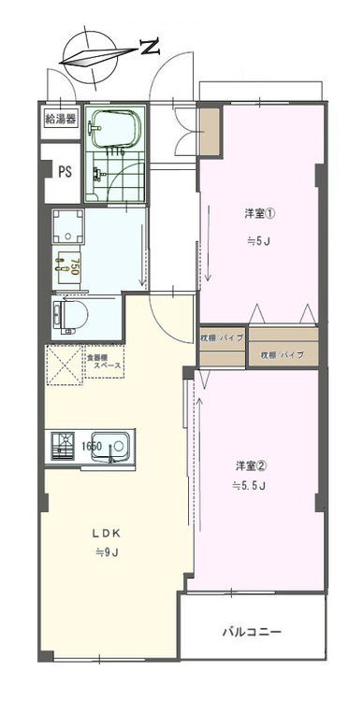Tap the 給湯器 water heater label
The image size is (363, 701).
[x=61, y=120]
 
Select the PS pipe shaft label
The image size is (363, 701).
[x=65, y=171]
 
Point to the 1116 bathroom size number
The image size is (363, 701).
[x=115, y=150]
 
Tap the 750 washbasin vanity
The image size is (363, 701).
[x=67, y=265]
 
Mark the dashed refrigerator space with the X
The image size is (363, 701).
[x=64, y=365]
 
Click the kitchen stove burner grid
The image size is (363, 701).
[x=64, y=447]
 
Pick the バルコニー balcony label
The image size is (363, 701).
[x=251, y=632]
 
